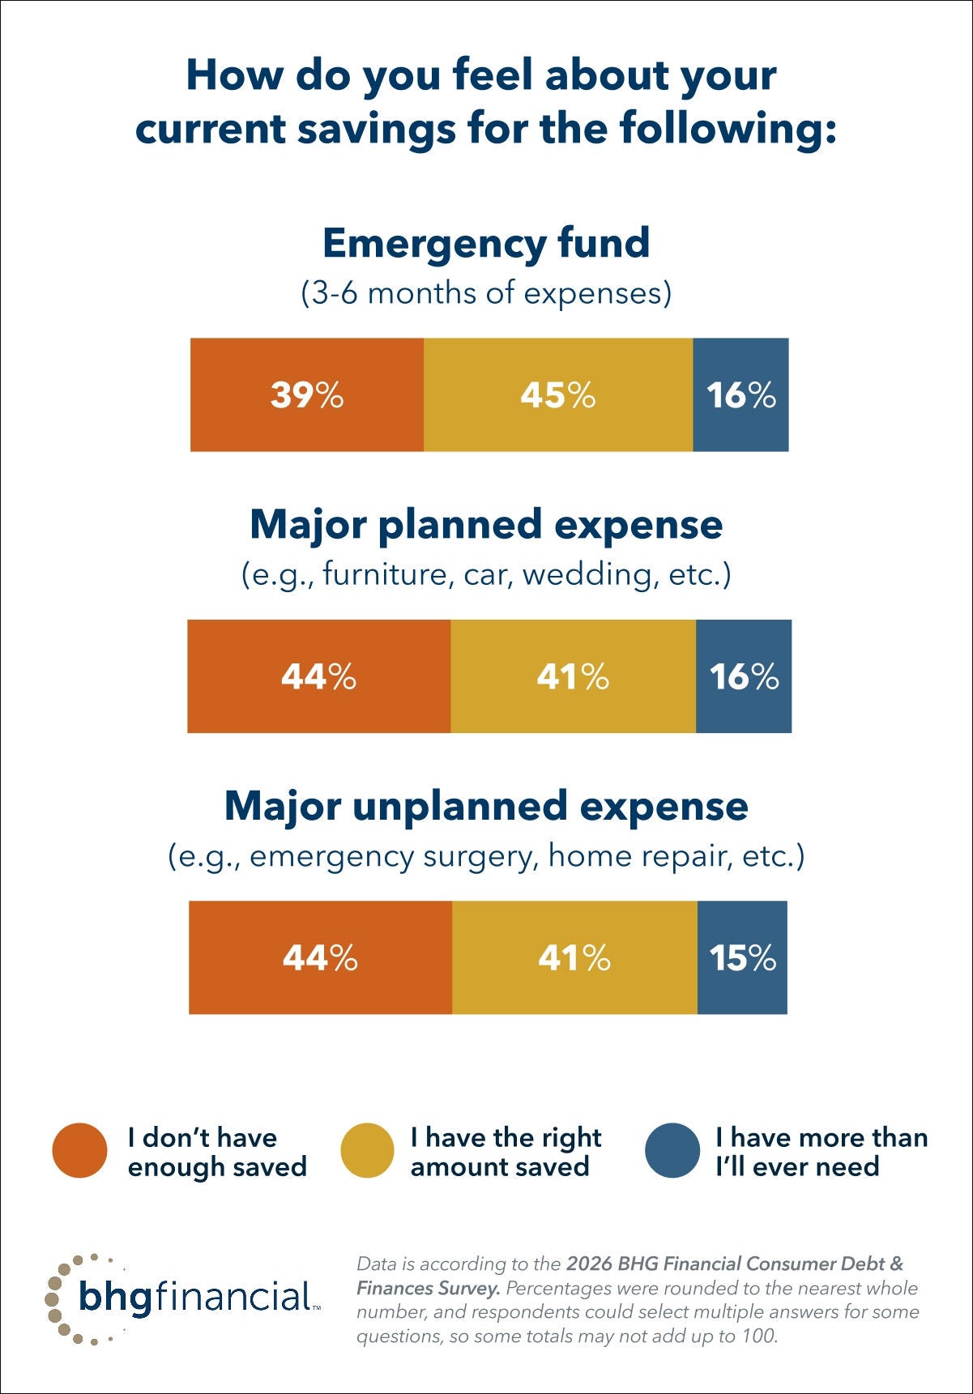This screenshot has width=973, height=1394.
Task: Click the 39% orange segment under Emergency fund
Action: point(306,394)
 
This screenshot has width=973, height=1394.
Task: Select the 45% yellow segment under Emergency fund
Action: point(557,394)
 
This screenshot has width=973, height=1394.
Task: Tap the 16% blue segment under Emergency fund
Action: point(740,394)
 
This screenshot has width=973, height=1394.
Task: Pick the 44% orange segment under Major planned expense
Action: point(318,676)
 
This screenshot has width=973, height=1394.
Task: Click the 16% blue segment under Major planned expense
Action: point(744,676)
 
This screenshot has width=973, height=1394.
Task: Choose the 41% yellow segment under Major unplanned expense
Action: point(574,957)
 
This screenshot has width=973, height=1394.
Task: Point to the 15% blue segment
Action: point(742,957)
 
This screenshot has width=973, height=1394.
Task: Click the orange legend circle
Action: point(79,1150)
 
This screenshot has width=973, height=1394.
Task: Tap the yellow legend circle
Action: point(367,1150)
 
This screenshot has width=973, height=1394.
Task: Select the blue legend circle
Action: point(672,1150)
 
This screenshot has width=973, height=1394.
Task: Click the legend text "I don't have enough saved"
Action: point(217,1152)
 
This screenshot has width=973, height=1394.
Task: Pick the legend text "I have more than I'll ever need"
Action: point(820,1152)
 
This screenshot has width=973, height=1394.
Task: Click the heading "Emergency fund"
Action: point(486,243)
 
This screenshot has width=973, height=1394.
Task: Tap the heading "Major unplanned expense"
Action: point(486,806)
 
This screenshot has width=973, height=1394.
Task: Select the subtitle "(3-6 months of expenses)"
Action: point(486,292)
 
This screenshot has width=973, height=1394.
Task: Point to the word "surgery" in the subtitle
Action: point(480,856)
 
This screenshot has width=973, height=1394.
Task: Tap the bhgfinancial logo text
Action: point(194,1297)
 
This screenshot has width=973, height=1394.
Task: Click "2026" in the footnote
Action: point(589,1264)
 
